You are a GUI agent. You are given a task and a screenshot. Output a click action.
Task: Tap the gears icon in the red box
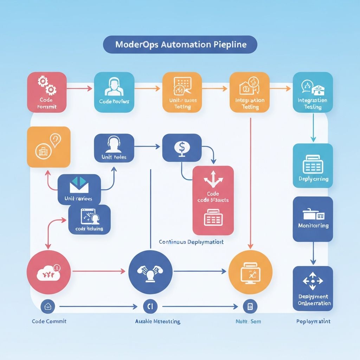[x=47, y=85]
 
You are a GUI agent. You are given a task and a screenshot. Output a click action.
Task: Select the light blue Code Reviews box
[x=114, y=92]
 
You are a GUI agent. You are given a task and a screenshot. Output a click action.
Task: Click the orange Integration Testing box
[x=249, y=92]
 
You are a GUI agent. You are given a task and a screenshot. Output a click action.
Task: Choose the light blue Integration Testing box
[x=312, y=92]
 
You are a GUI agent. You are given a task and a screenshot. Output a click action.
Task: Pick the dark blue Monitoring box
[x=313, y=219]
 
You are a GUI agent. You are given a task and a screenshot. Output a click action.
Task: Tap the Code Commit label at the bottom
[x=49, y=321]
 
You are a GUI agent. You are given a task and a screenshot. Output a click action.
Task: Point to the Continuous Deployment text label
[x=191, y=242]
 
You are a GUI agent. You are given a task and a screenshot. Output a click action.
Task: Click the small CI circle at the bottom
[x=148, y=307]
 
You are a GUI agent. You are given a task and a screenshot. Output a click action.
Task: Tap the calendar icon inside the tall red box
[x=213, y=218]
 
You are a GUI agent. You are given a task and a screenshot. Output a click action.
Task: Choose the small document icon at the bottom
[x=250, y=307]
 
